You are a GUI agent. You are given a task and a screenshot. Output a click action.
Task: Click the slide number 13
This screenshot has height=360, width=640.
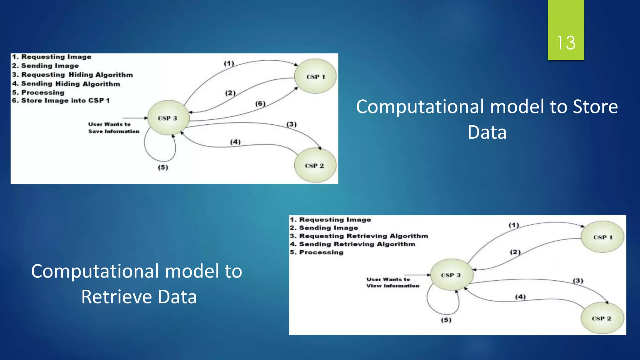(x=566, y=43)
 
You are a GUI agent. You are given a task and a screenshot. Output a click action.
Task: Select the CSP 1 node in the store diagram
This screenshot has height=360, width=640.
(x=315, y=77)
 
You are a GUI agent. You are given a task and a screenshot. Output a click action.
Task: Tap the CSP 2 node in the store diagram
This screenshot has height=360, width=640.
(x=315, y=166)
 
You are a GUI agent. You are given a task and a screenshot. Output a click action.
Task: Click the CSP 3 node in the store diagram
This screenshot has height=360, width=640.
(x=168, y=118)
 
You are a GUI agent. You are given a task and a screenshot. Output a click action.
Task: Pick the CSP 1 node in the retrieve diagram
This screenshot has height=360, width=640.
(x=602, y=237)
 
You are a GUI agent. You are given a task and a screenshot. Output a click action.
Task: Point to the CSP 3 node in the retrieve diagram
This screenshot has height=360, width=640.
(x=451, y=275)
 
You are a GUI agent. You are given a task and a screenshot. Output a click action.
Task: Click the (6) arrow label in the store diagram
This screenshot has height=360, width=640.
(x=260, y=103)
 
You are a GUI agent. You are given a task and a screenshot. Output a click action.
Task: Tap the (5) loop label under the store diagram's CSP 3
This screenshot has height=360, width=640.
(x=163, y=167)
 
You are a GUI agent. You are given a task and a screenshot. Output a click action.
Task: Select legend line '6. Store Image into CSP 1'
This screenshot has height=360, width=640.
(x=61, y=101)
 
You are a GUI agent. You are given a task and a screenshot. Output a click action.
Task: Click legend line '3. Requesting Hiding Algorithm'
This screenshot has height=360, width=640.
(x=72, y=75)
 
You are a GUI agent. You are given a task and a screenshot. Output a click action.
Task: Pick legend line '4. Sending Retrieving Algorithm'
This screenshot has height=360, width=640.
(x=352, y=244)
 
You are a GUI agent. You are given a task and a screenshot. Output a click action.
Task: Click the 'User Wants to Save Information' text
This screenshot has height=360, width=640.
(x=113, y=128)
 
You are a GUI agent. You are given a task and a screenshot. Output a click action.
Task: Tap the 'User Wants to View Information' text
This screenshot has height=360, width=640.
(x=392, y=282)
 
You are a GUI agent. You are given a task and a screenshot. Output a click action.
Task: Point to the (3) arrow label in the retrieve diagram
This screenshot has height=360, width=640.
(x=578, y=281)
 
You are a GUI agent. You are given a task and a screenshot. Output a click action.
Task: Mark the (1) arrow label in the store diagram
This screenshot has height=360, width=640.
(x=229, y=63)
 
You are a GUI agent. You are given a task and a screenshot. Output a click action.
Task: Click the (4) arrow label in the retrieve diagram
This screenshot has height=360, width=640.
(x=520, y=297)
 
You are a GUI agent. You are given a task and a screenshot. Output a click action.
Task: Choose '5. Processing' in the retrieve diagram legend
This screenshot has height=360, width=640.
(x=317, y=252)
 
